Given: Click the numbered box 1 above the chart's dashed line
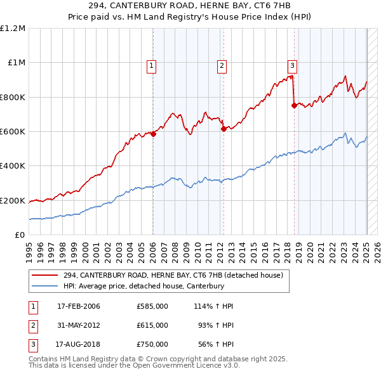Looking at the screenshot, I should pos(153,65).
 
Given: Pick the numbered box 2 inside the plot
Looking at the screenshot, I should pos(222,65).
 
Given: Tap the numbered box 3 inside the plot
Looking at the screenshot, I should pos(293,65).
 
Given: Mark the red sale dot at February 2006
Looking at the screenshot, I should pos(153,134).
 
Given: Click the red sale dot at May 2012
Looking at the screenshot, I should pos(224,129).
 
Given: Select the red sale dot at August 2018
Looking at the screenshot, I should pos(294,106).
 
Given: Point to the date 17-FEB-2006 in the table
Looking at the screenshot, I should pos(78,306).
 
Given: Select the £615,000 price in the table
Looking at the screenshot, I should pos(152,325).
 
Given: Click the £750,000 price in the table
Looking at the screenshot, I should pos(152,344).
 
